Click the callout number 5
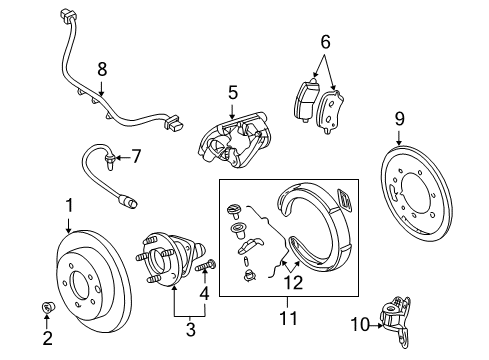tap(232, 93)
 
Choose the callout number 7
tap(137, 155)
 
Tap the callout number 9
tap(400, 120)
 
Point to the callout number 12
tap(293, 282)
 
